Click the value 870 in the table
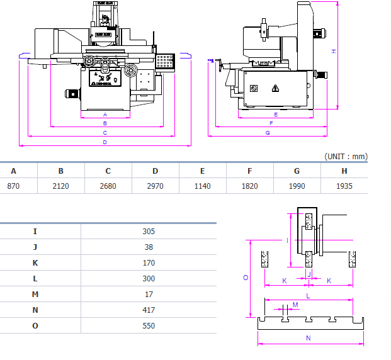13,186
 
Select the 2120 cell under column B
60,186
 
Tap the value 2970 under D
155,186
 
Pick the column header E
202,171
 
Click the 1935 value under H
344,186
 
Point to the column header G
297,171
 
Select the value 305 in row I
149,231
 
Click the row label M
35,294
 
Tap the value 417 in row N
149,310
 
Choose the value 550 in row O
149,325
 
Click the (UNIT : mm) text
346,156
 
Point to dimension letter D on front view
105,143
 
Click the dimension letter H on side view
333,51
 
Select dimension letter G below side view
268,133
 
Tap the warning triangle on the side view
276,88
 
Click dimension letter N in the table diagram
308,338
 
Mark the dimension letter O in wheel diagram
246,277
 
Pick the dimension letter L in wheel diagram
308,295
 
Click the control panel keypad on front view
166,61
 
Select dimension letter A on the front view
105,115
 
